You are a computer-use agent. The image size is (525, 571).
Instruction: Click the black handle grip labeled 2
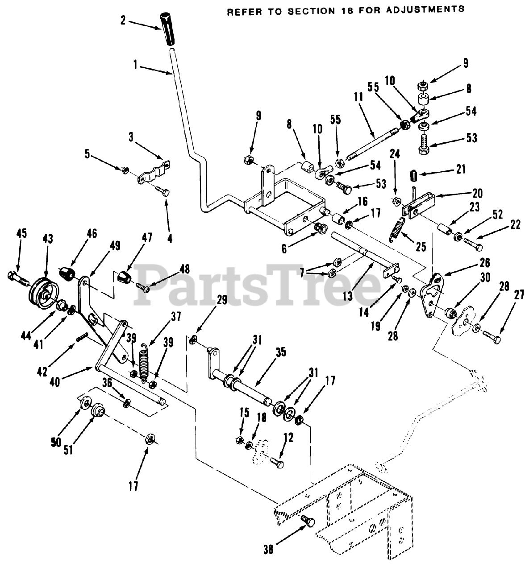click(169, 29)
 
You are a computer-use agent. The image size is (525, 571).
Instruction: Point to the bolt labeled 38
click(308, 521)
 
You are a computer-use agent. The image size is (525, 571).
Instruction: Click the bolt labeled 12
click(276, 465)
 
